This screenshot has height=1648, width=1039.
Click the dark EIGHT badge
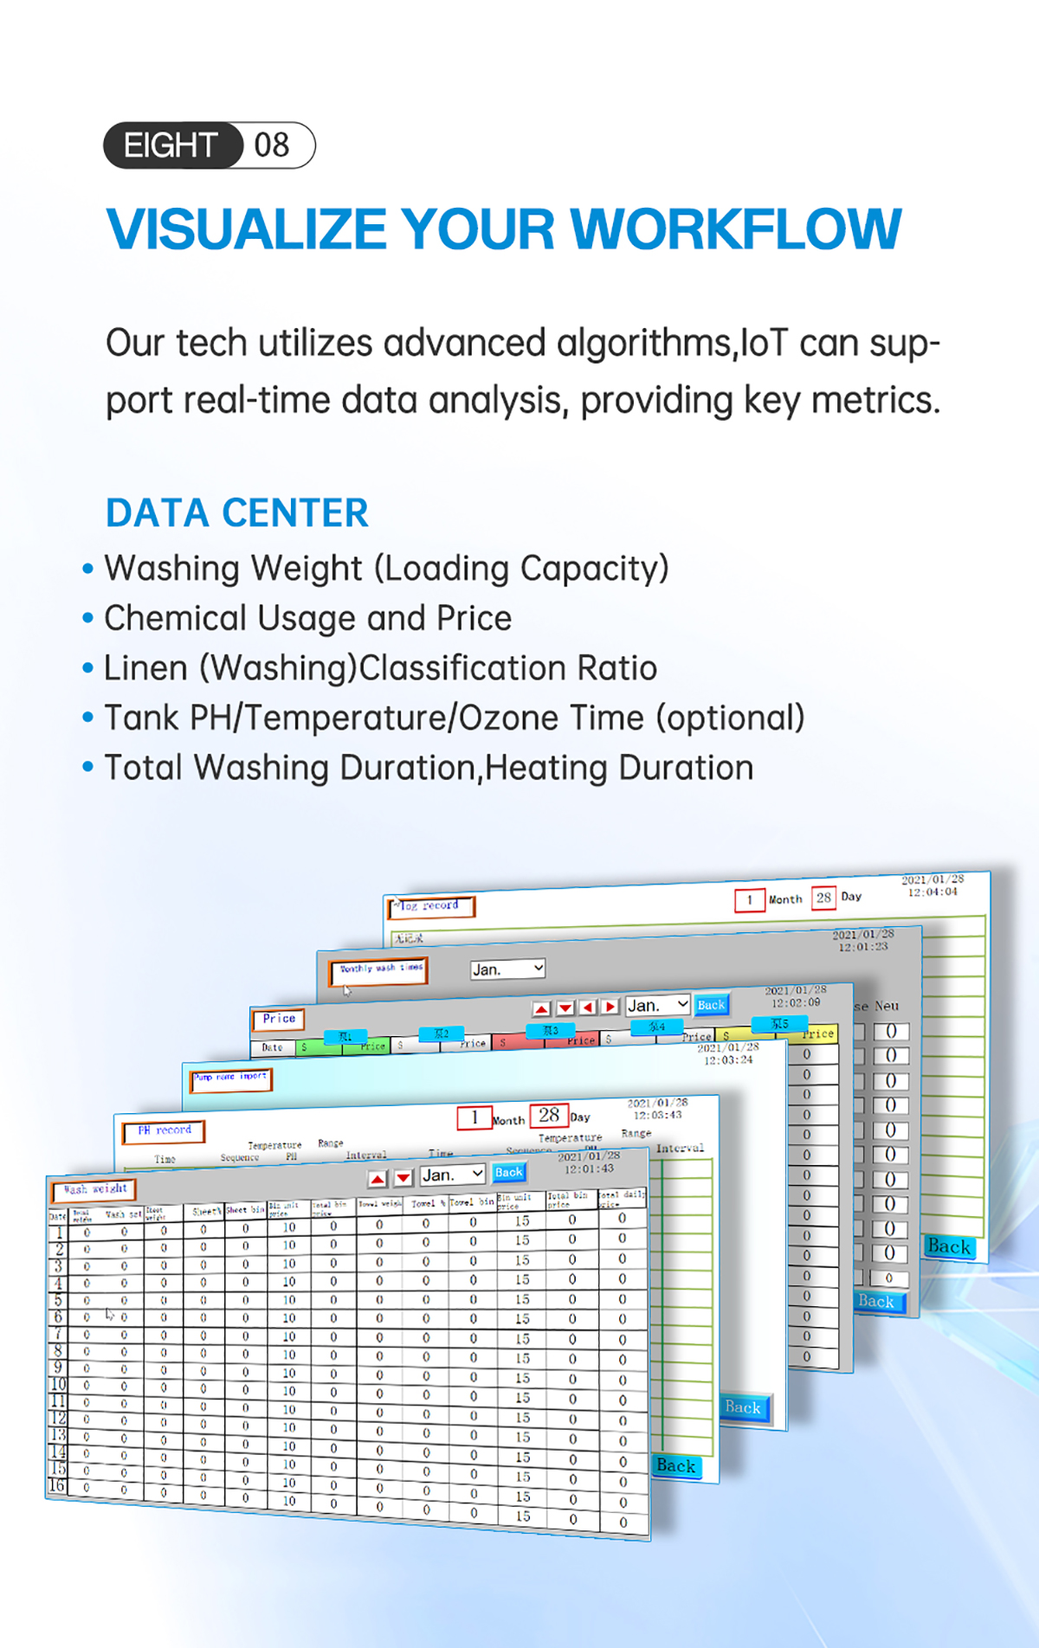pos(172,145)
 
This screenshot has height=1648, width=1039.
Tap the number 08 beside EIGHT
pos(272,145)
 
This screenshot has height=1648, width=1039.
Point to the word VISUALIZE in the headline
pos(246,229)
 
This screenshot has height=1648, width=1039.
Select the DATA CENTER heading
pos(237,512)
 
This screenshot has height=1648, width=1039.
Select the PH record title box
pos(164,1130)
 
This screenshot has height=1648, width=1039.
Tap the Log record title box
pos(430,906)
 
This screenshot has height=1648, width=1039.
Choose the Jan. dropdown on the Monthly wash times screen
pos(507,969)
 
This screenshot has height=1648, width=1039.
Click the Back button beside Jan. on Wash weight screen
pos(508,1172)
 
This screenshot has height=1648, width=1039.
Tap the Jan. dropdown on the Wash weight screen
pos(452,1175)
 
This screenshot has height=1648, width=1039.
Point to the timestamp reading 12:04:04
pos(933,892)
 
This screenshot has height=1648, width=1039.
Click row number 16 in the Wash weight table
pos(56,1485)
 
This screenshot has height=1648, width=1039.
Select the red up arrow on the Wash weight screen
pos(378,1179)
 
